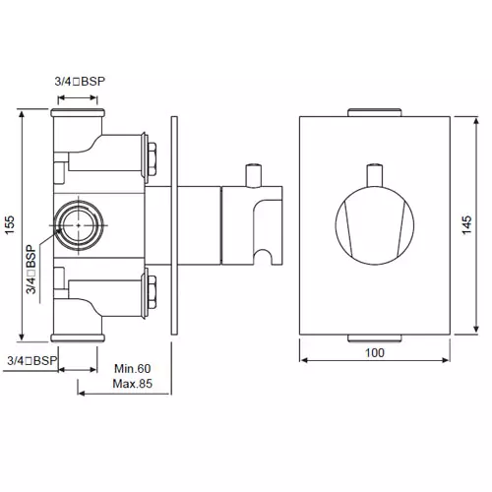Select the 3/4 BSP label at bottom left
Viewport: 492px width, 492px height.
31,361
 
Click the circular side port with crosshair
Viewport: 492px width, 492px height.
76,224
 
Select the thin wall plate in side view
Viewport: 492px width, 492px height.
173,226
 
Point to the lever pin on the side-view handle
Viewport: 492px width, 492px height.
250,175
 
